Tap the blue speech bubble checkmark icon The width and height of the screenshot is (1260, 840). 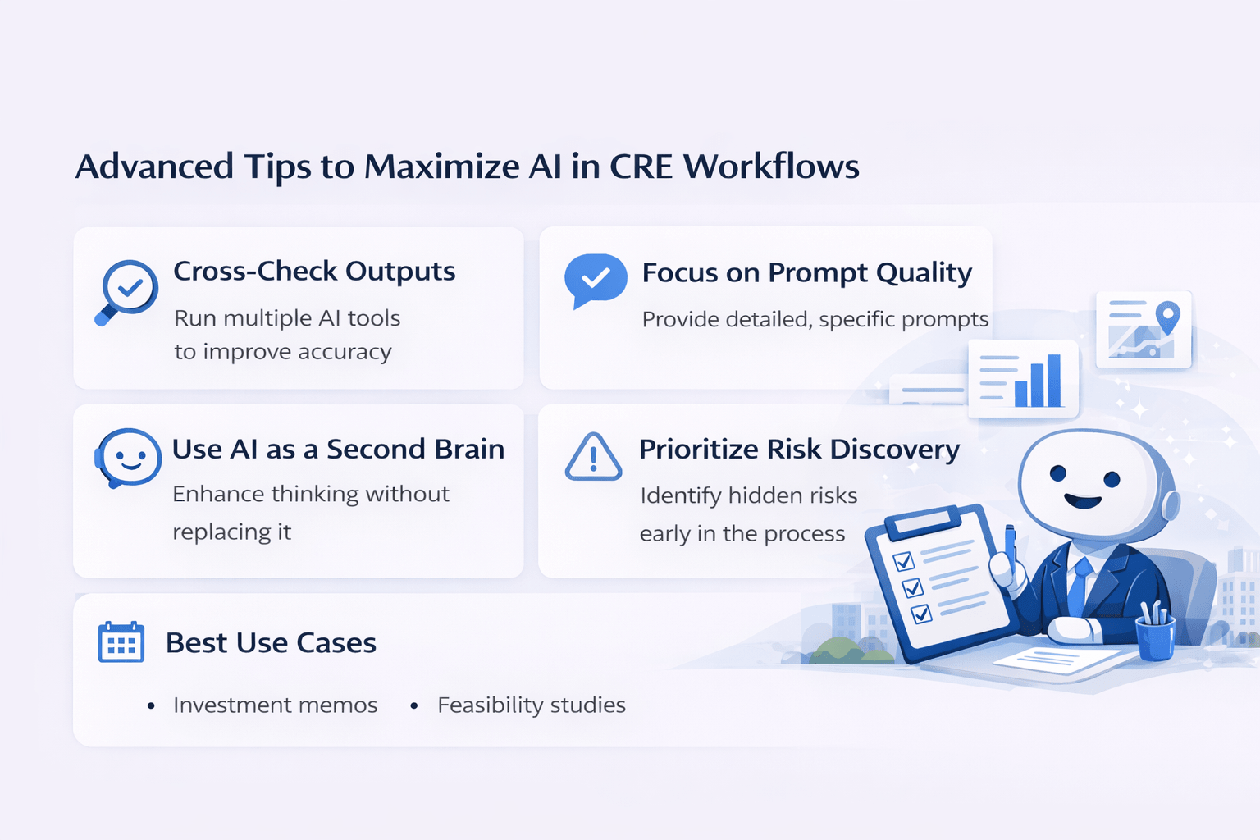pos(596,279)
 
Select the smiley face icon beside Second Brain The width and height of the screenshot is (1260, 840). pos(128,458)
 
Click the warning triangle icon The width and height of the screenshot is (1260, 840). pos(593,458)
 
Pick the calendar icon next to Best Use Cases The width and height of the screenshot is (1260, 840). pos(121,642)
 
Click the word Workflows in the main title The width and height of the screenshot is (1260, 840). pos(771,167)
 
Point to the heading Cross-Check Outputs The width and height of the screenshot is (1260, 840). pos(314,271)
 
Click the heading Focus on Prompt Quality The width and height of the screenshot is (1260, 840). pos(806,272)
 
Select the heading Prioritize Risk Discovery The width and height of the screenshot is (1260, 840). pos(799,450)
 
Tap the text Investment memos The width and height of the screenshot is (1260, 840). pos(275,705)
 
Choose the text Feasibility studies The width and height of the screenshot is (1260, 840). pos(531,705)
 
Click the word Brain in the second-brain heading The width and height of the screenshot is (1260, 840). pos(469,450)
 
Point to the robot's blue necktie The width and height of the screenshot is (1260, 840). pos(1079,587)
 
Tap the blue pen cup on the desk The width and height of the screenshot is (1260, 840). pos(1155,637)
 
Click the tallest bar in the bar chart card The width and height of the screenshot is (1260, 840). pos(1053,380)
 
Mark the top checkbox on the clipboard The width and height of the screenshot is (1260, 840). pos(903,562)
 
